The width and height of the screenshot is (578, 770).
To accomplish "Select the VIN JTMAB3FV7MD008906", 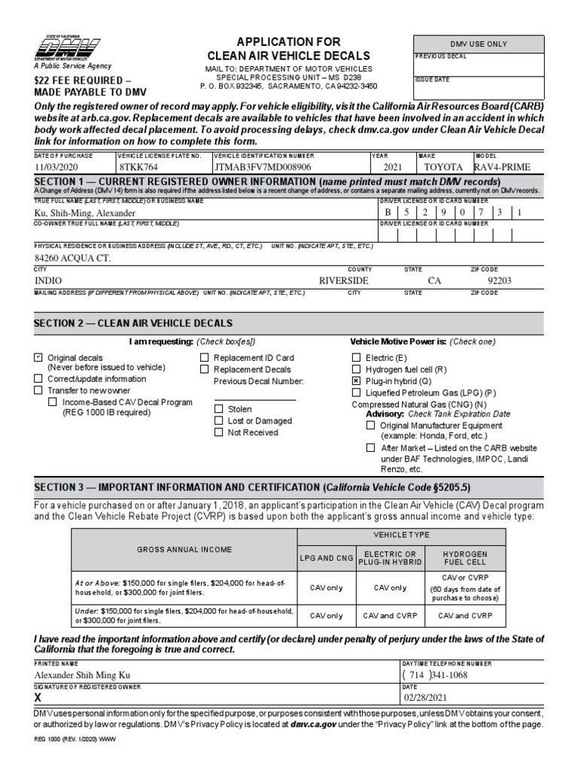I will (x=252, y=166).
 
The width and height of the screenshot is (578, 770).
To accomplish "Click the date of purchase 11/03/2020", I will (x=56, y=166).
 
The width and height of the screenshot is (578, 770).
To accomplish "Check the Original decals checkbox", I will (x=38, y=358).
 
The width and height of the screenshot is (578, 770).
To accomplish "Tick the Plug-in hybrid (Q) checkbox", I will (x=357, y=381).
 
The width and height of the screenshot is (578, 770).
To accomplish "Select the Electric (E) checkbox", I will (x=357, y=358).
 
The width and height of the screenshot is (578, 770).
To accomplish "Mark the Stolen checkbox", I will (x=219, y=409).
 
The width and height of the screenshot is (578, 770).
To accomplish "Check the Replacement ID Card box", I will (x=205, y=358).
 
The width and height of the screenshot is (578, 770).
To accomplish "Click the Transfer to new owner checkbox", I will (x=38, y=390).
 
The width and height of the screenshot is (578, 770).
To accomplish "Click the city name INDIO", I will (x=49, y=280).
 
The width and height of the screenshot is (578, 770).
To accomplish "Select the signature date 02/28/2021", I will (x=426, y=697).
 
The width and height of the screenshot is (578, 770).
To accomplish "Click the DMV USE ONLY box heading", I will (x=478, y=44).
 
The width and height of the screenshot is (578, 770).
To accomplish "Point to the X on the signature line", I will (x=39, y=697).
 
